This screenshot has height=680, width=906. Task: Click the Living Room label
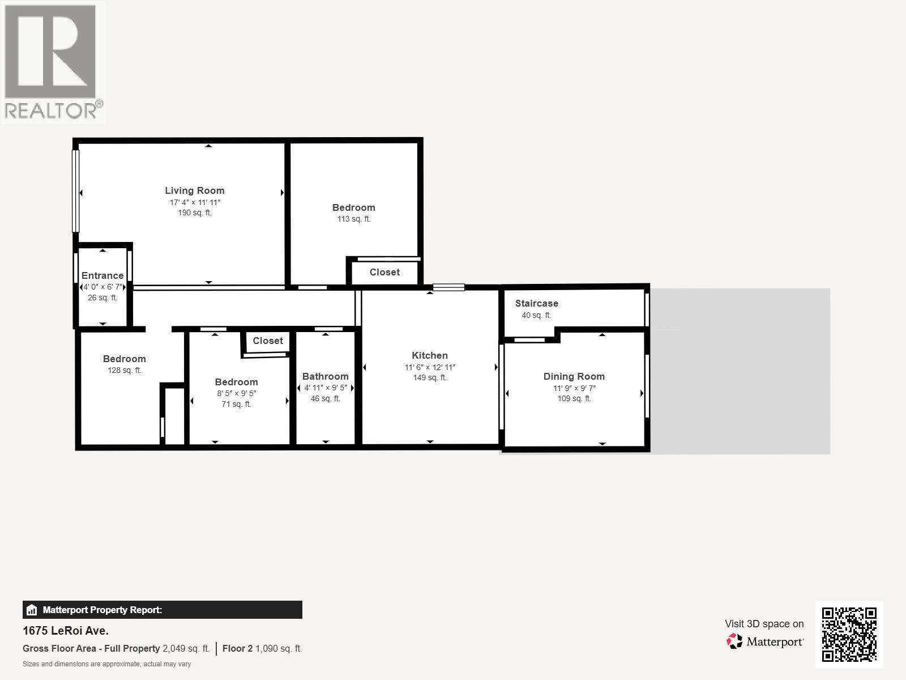pos(195,190)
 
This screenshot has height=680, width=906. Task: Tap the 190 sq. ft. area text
pos(195,213)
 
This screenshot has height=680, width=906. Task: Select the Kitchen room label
pos(430,355)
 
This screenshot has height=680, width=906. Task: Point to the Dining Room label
pos(574,376)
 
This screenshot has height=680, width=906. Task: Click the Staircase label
pos(536,303)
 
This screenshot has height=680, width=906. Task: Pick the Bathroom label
pos(325,376)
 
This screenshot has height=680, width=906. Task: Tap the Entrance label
pos(102,275)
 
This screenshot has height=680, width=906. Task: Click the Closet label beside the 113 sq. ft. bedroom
pos(384,272)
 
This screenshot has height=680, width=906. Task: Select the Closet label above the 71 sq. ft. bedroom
pos(268,341)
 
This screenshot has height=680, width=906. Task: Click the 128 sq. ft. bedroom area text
pos(125,371)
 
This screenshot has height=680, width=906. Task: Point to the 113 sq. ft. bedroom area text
pos(354,219)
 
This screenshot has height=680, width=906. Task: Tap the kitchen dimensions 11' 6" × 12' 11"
pos(430,367)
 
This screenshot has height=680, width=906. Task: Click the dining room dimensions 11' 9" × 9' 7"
pos(574,388)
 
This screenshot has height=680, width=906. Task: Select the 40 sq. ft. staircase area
pos(536,316)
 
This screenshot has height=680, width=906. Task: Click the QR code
pos(849,634)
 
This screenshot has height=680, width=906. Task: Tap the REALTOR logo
pos(53,62)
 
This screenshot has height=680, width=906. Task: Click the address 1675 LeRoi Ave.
pos(66,631)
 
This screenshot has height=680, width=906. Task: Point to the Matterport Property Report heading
pos(102,610)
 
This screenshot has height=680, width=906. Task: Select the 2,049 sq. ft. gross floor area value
pos(186,649)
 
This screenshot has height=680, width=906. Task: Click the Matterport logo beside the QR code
pos(766,641)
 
